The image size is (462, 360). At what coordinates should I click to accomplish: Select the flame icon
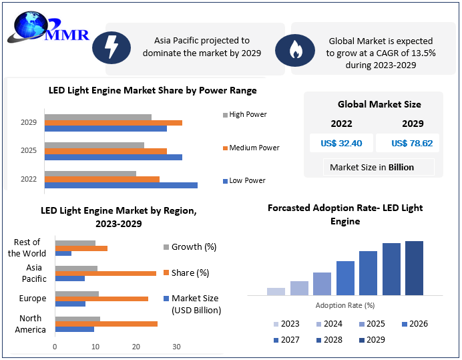pyautogui.click(x=294, y=49)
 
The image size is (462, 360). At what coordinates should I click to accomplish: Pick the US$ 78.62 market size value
pyautogui.click(x=412, y=143)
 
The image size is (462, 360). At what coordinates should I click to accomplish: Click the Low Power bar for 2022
pyautogui.click(x=121, y=185)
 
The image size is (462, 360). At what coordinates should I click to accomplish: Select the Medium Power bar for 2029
pyautogui.click(x=113, y=123)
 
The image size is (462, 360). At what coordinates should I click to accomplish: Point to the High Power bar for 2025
pyautogui.click(x=94, y=145)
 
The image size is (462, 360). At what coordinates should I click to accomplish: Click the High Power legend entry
pyautogui.click(x=244, y=114)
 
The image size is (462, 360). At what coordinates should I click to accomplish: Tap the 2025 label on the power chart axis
pyautogui.click(x=29, y=151)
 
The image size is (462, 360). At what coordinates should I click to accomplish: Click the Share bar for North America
pyautogui.click(x=106, y=324)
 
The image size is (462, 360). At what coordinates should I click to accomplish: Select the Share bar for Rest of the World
pyautogui.click(x=81, y=248)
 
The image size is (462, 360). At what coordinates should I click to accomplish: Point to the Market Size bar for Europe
pyautogui.click(x=70, y=304)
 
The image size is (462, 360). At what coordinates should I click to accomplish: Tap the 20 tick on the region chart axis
pyautogui.click(x=136, y=347)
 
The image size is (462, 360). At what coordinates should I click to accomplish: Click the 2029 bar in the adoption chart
pyautogui.click(x=414, y=268)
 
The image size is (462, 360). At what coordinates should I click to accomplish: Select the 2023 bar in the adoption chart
pyautogui.click(x=276, y=291)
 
